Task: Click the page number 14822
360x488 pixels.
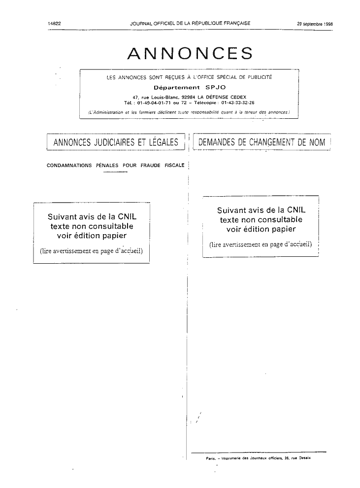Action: point(54,23)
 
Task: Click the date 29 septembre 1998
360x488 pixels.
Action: point(315,24)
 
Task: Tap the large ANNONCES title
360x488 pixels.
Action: point(190,53)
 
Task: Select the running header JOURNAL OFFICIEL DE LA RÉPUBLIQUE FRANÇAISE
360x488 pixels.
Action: point(190,23)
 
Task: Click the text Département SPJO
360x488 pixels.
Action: point(190,87)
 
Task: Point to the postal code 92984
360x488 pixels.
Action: point(188,97)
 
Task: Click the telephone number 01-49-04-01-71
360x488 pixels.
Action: point(154,103)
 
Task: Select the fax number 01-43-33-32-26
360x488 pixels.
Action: point(237,103)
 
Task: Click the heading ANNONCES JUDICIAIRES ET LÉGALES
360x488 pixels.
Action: point(116,142)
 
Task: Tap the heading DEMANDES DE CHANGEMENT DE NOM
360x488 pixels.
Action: point(262,142)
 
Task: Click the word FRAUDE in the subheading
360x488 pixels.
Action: point(150,165)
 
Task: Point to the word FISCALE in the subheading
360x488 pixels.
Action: point(174,165)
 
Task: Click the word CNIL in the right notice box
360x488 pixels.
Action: point(296,210)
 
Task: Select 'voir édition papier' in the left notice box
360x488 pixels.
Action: point(92,236)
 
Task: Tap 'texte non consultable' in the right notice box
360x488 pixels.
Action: point(261,219)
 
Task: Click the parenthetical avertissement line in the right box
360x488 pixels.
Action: point(261,244)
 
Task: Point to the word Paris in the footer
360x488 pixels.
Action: point(211,458)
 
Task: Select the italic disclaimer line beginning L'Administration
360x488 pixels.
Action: point(189,112)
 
